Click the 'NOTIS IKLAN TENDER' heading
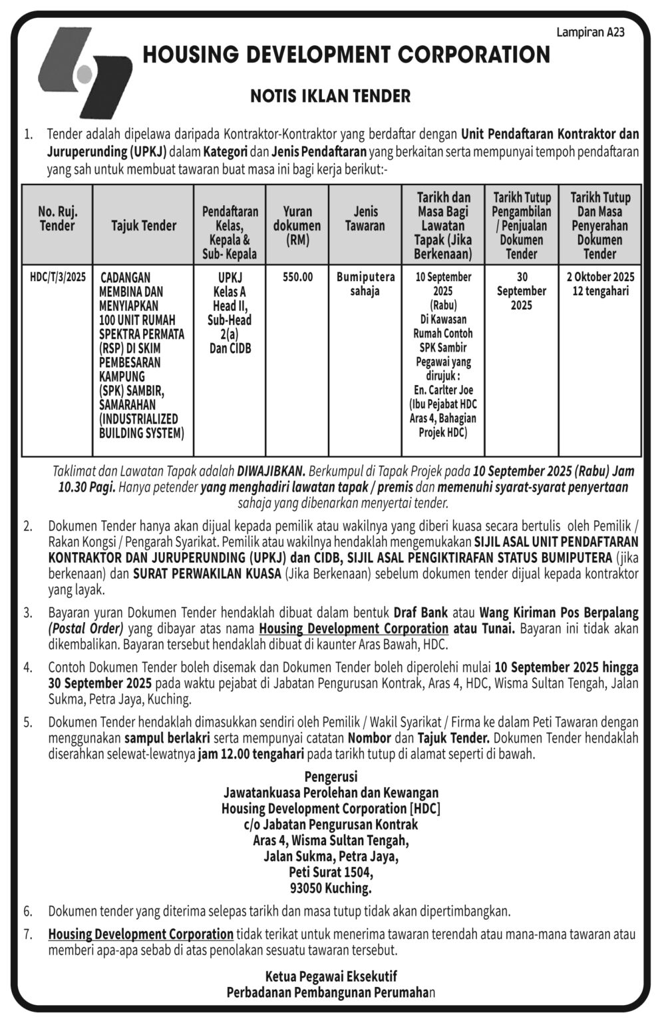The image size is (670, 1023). pos(330,96)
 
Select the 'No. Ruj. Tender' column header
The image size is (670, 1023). pos(57,218)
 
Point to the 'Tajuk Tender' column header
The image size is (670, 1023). pos(144,226)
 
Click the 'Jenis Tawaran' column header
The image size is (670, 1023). pos(365,218)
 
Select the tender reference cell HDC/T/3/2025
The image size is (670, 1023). pos(58,277)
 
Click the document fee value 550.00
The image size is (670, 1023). pos(297,277)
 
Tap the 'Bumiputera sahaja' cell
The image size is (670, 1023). pos(365,284)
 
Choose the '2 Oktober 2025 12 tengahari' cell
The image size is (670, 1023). pos(600,284)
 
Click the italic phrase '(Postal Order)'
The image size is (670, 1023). pos(86,628)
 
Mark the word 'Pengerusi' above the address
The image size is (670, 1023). pos(331,777)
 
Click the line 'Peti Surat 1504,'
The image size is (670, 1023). pos(331,872)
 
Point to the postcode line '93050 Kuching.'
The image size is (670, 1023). pos(331,888)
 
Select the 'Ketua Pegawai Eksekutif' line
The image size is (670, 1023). pos(331,976)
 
